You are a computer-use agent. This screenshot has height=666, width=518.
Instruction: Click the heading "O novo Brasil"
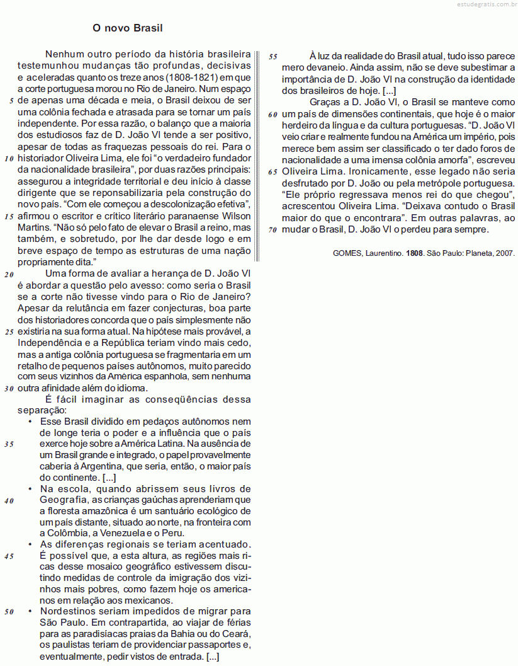[x=128, y=28]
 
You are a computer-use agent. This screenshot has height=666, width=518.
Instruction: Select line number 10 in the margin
[x=9, y=158]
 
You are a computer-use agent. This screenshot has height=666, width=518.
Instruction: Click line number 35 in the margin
[x=9, y=444]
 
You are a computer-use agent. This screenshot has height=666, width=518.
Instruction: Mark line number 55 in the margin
[x=273, y=57]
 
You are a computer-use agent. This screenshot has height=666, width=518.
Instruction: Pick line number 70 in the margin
[x=273, y=229]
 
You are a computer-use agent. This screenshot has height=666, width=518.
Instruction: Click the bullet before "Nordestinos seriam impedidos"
[x=30, y=611]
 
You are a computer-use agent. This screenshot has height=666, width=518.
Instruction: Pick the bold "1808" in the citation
[x=414, y=253]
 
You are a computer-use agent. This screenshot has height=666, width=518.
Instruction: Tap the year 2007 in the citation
[x=505, y=253]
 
